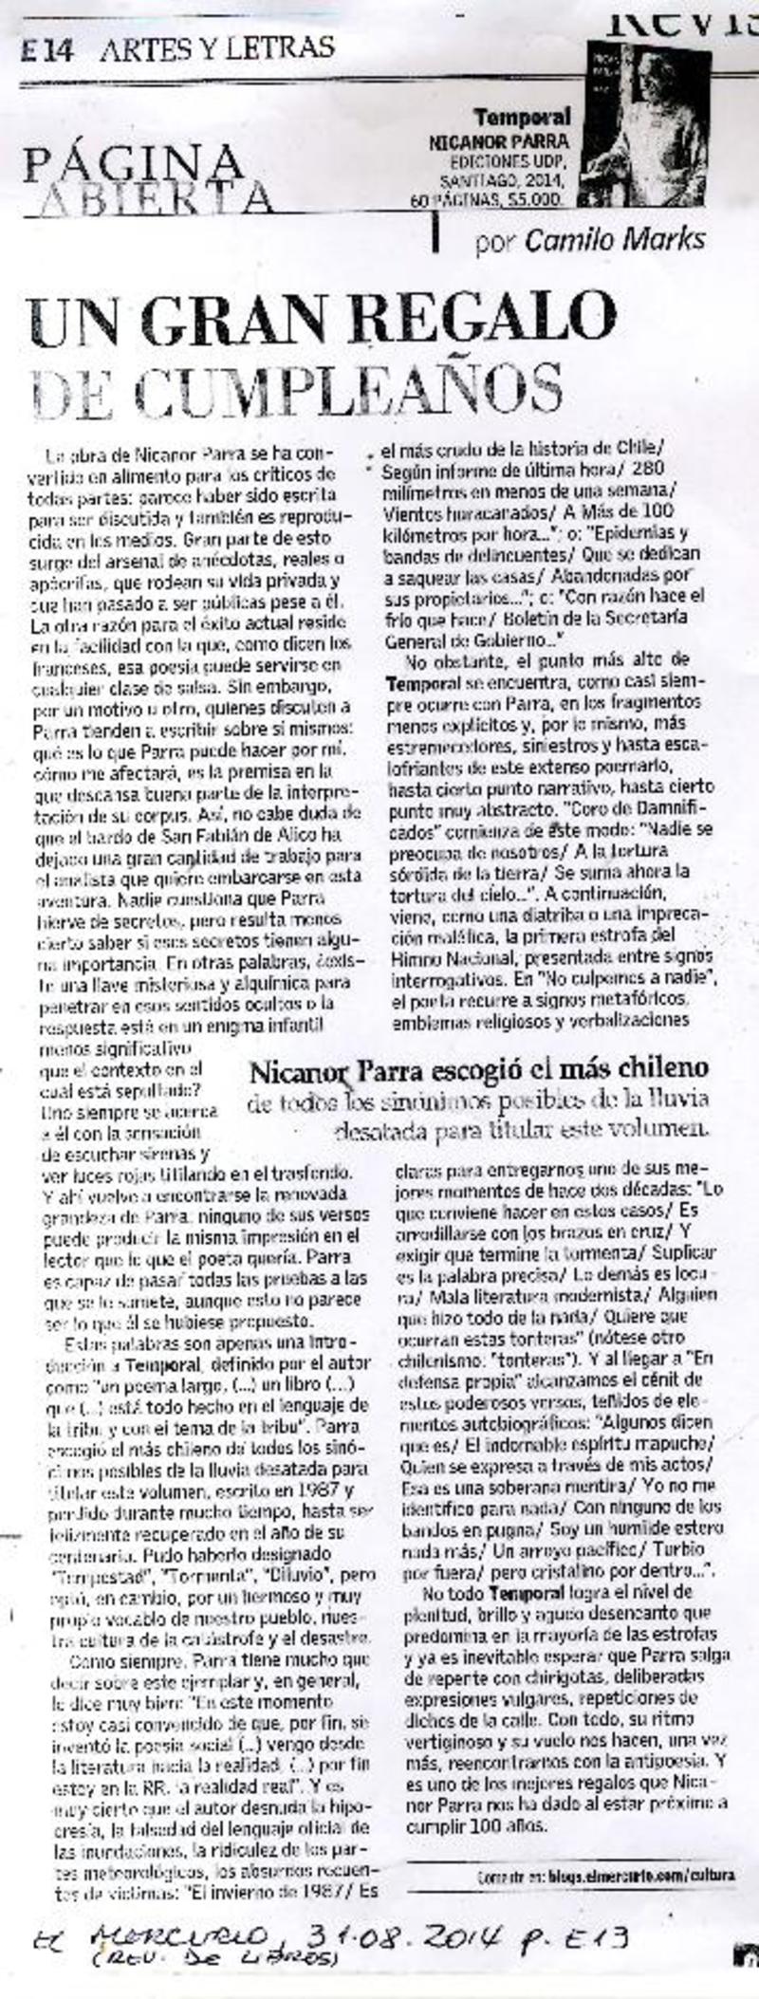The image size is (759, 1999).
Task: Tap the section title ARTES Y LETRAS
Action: (216, 46)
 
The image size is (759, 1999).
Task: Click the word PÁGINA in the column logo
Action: (133, 163)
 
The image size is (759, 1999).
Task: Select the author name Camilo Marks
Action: (615, 240)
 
